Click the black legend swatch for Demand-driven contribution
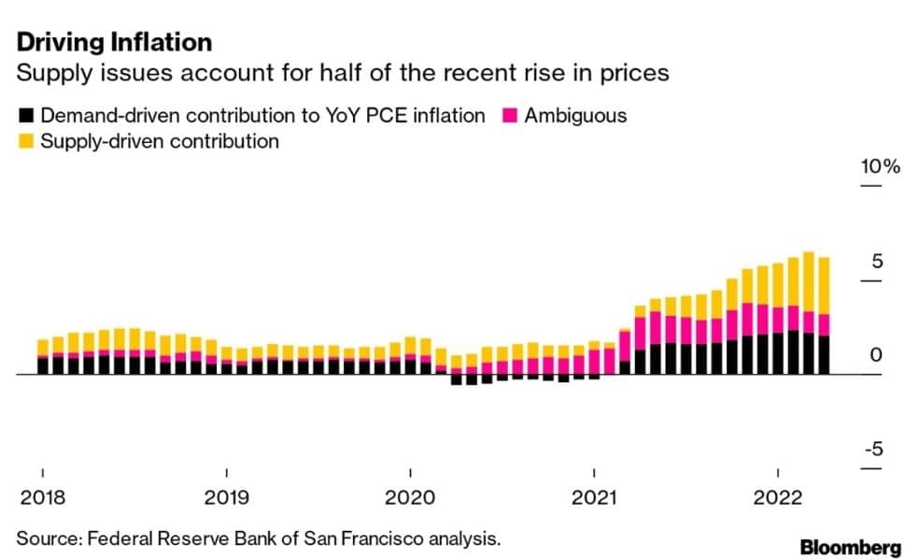click(x=27, y=117)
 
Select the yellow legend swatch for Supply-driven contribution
click(x=27, y=142)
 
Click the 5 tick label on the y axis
click(x=877, y=261)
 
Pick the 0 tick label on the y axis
click(x=876, y=355)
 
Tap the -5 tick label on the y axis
click(x=872, y=450)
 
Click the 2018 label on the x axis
click(x=42, y=496)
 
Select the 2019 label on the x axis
click(x=226, y=496)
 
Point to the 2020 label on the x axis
click(x=410, y=496)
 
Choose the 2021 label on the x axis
click(x=594, y=496)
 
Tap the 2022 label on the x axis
click(x=778, y=496)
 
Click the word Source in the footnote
click(x=44, y=538)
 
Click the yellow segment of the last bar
click(x=824, y=285)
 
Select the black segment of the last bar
click(x=824, y=355)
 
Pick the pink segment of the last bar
click(x=824, y=324)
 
